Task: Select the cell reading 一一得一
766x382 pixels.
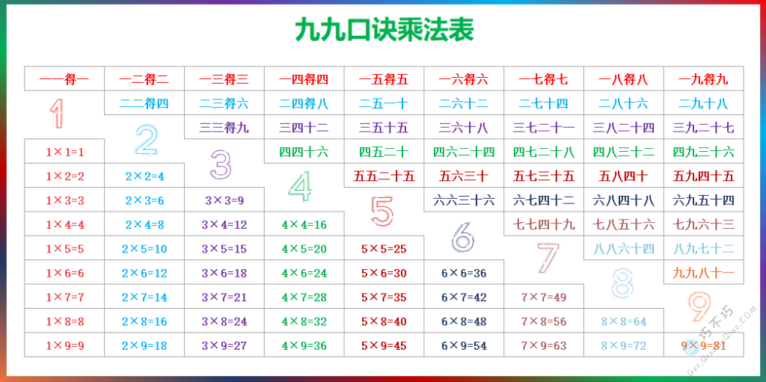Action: click(x=64, y=79)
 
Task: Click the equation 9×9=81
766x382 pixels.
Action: click(x=703, y=345)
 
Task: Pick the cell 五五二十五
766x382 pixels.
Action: click(x=384, y=176)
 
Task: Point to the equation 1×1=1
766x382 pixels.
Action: click(x=64, y=153)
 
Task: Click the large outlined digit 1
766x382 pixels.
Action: click(x=56, y=114)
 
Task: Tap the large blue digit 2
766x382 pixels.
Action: click(x=146, y=139)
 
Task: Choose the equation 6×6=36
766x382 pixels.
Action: click(x=464, y=274)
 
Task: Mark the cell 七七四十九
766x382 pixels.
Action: click(x=544, y=224)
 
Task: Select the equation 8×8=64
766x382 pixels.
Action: click(x=624, y=322)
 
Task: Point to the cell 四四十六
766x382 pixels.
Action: click(x=304, y=153)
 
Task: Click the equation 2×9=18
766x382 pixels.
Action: click(x=144, y=346)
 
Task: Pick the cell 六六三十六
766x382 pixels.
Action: click(x=464, y=200)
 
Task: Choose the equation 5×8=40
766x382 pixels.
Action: click(x=384, y=322)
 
